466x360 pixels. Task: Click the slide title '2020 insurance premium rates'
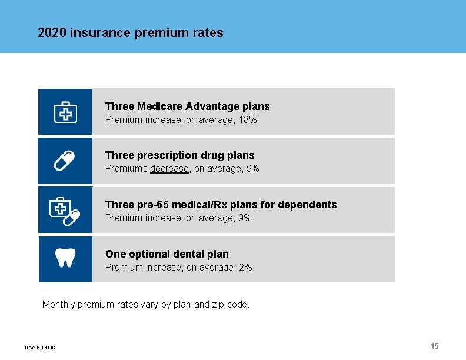[x=130, y=33]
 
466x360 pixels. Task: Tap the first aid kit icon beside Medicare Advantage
[x=65, y=112]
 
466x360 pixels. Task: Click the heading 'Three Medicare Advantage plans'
[x=187, y=106]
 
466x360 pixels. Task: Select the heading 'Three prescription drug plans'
[x=179, y=155]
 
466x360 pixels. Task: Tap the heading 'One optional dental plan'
[x=167, y=254]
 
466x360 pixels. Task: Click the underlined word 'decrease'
[x=169, y=169]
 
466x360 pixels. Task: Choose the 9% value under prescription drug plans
[x=252, y=169]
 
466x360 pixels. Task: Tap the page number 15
[x=434, y=346]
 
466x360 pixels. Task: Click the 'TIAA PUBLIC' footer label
[x=39, y=348]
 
